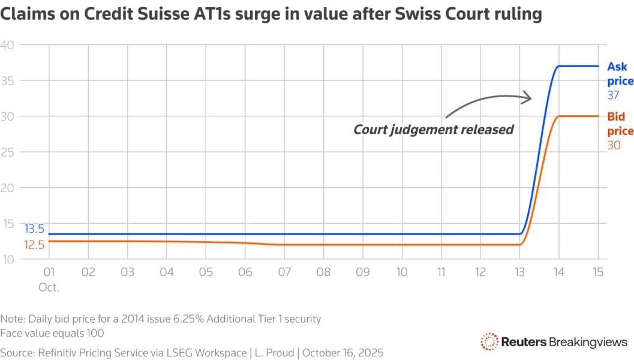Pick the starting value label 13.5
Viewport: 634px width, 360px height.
click(x=34, y=229)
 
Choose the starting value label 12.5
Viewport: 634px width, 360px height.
click(x=34, y=244)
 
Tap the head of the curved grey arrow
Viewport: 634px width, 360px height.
click(x=528, y=97)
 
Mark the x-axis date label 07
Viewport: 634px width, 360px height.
click(x=284, y=272)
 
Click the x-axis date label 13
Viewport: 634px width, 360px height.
click(x=519, y=272)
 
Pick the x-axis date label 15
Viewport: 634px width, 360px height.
click(x=597, y=272)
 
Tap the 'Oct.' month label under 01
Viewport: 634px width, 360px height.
click(x=49, y=287)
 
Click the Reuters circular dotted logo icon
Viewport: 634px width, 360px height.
click(x=489, y=341)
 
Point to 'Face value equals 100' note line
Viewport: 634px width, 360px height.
click(x=52, y=332)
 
